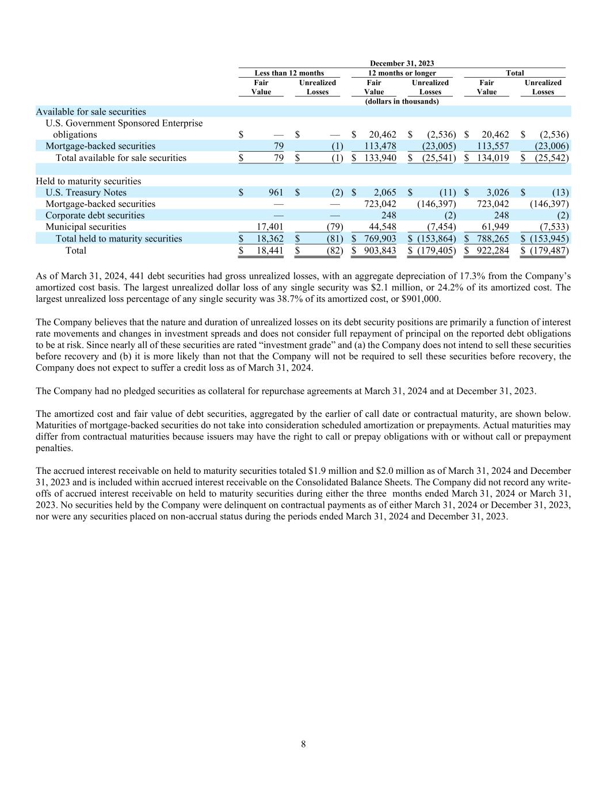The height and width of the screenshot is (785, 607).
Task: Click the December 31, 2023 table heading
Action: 402,63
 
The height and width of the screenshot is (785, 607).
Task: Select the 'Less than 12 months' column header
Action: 289,73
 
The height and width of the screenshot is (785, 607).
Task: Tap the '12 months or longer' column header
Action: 402,73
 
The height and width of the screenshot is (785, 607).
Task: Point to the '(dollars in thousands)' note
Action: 402,101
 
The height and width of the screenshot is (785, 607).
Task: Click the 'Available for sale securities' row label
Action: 91,112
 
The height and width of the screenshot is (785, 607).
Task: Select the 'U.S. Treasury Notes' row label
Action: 86,193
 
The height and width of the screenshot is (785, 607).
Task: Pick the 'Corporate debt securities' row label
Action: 95,216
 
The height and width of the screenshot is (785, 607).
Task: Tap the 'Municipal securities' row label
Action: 86,227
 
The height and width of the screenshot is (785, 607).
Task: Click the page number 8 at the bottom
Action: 303,745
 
